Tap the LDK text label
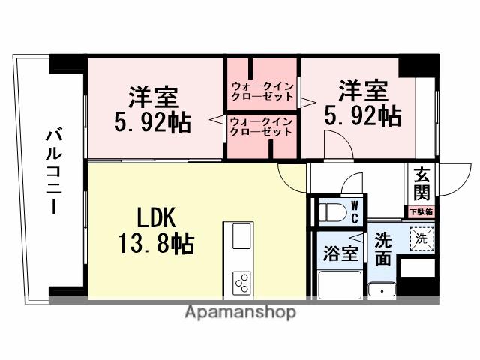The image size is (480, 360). [x=156, y=217]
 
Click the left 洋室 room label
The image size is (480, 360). [x=153, y=97]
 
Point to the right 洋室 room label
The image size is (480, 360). [x=362, y=91]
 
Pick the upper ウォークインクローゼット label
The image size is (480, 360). [x=262, y=89]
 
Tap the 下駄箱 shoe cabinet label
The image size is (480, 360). [x=421, y=212]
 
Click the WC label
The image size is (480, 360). [x=355, y=211]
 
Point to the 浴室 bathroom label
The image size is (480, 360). [x=340, y=253]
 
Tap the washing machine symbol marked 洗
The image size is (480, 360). [x=421, y=239]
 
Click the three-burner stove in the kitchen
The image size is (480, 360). [x=242, y=283]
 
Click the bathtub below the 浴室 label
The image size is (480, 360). [x=339, y=286]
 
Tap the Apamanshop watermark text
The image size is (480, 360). [x=240, y=312]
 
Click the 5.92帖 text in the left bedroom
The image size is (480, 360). [x=153, y=121]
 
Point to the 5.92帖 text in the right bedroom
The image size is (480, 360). [x=362, y=115]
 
